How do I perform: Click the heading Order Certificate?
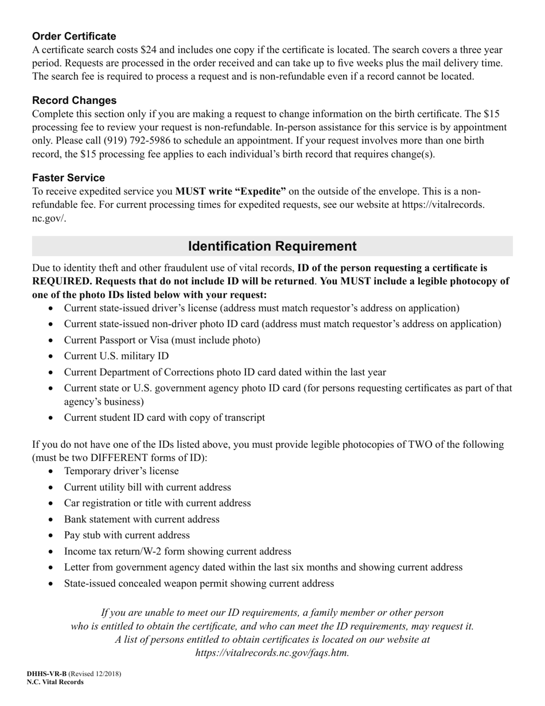(74, 36)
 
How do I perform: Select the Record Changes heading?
(74, 100)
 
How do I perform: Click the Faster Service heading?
(68, 177)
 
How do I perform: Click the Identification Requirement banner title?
(272, 246)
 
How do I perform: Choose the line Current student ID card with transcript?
(164, 417)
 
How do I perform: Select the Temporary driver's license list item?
(121, 471)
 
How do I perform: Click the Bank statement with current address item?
(141, 519)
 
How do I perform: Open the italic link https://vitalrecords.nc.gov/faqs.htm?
(272, 653)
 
